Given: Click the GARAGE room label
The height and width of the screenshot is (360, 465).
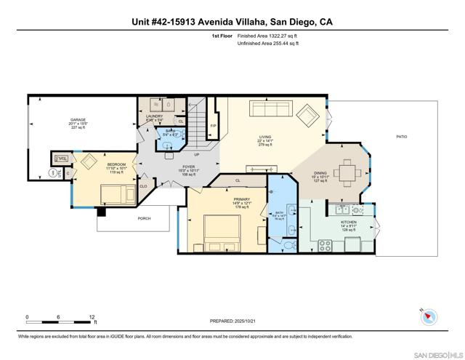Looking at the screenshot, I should (x=78, y=120).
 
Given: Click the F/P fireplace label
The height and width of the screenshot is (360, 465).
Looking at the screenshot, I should (x=214, y=127).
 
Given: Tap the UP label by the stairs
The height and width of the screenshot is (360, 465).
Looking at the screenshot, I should (x=196, y=154).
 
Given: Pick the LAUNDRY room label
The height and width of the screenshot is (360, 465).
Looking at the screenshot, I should (x=154, y=116).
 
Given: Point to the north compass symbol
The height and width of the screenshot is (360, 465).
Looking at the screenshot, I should (x=430, y=316).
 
